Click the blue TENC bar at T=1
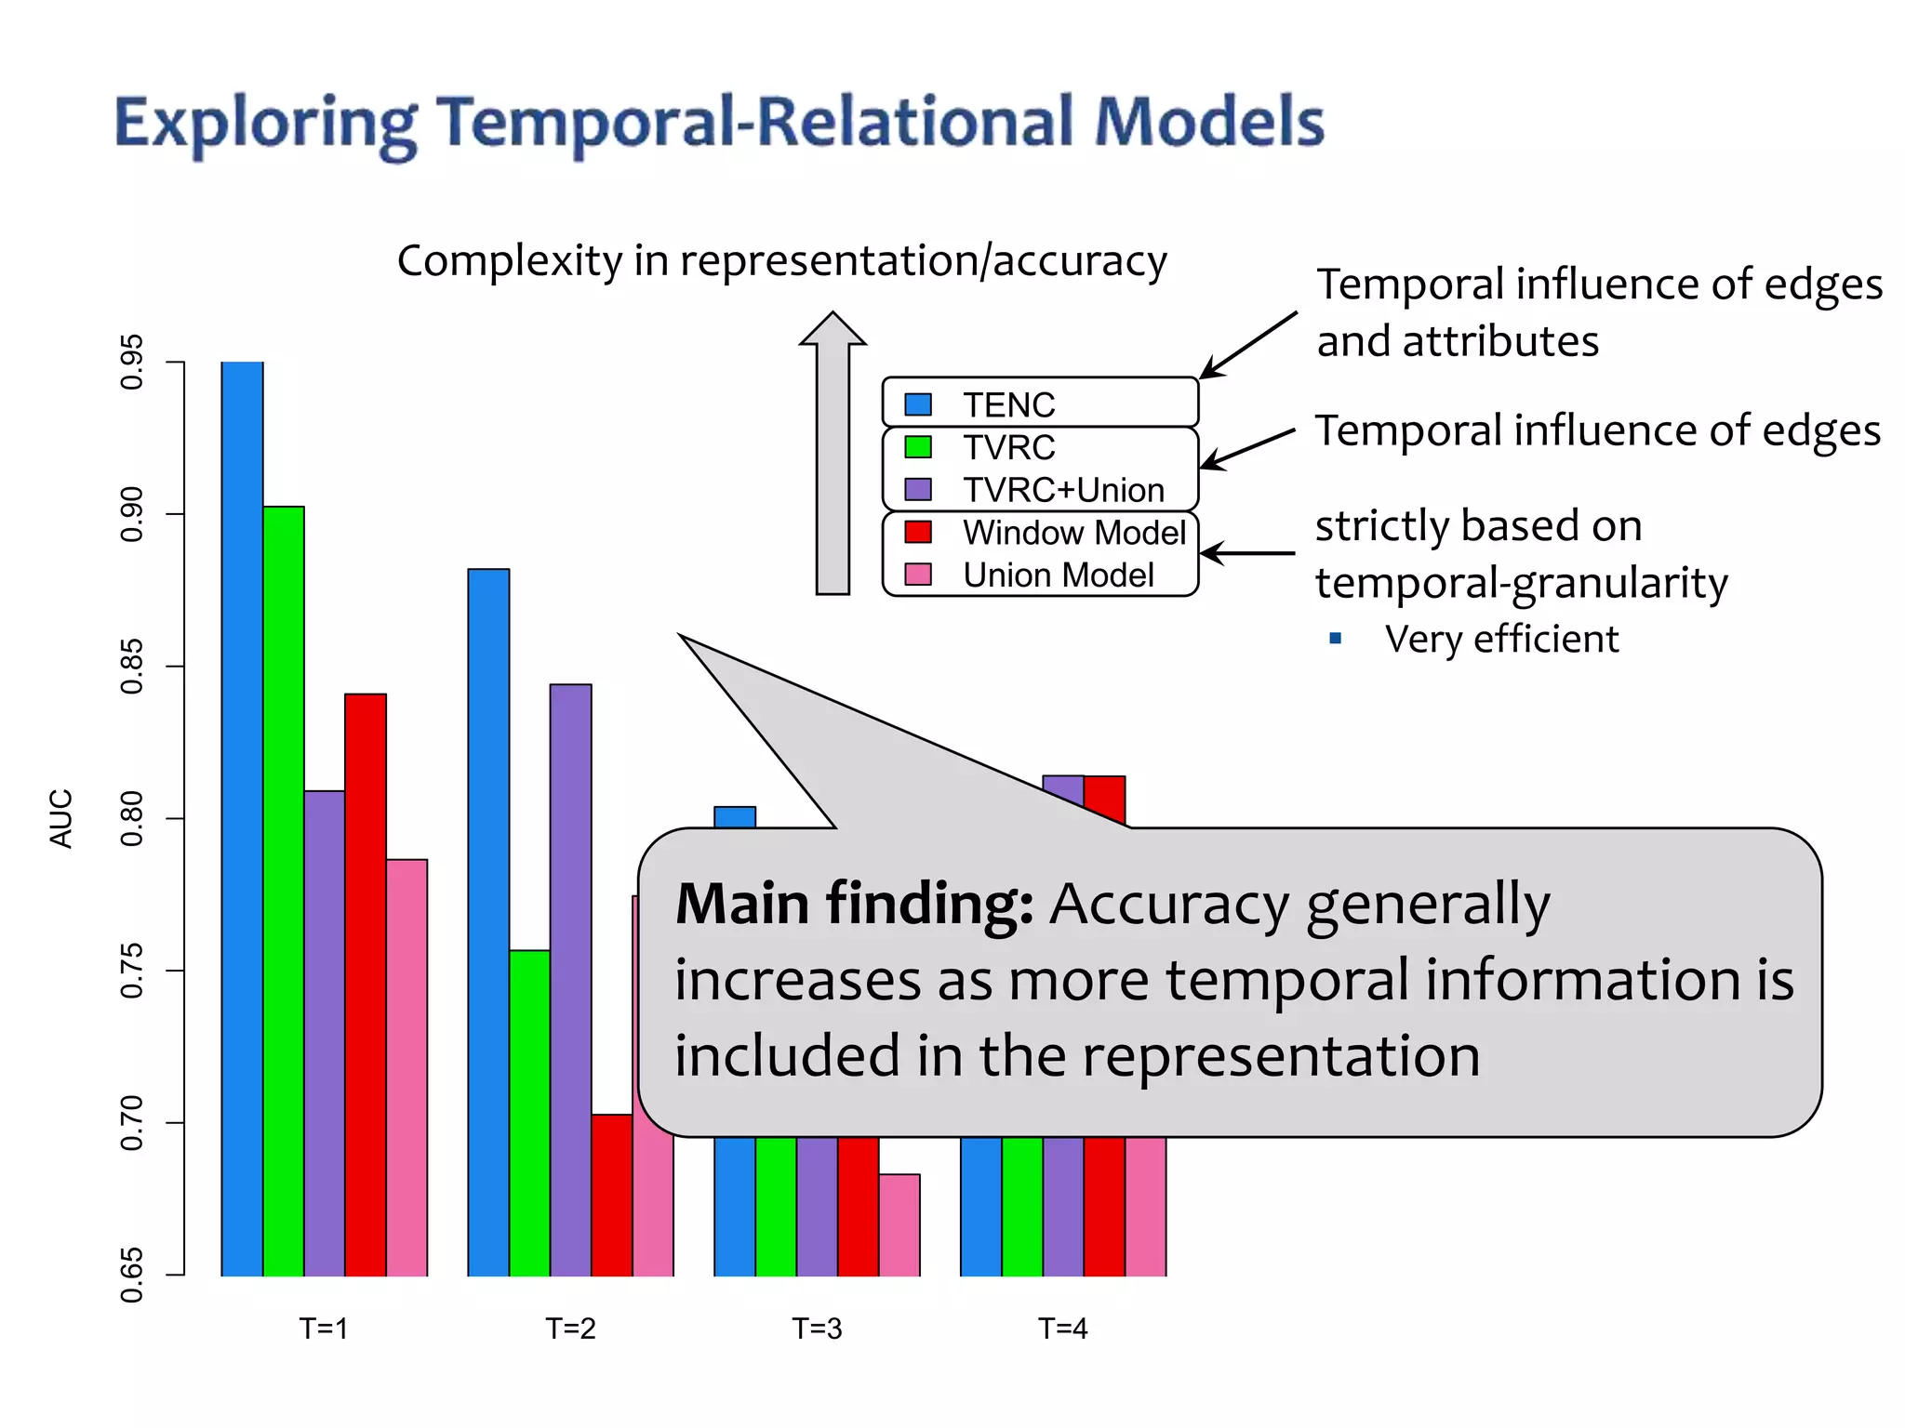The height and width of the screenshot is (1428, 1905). (x=242, y=818)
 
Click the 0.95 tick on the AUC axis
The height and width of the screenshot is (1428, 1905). (x=132, y=362)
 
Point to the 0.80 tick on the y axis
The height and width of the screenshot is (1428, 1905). (x=132, y=818)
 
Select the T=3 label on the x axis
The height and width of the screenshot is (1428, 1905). (x=817, y=1329)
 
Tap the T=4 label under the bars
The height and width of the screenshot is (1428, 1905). (x=1062, y=1329)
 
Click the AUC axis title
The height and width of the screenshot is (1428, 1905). (x=60, y=818)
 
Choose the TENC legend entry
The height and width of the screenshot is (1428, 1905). (x=1009, y=404)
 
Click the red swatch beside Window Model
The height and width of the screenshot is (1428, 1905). (x=918, y=532)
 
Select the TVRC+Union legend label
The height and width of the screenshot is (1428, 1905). (x=1063, y=490)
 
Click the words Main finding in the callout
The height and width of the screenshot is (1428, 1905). (x=854, y=904)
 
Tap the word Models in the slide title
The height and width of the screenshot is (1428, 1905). (x=1208, y=122)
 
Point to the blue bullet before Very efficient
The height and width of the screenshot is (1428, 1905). (x=1336, y=638)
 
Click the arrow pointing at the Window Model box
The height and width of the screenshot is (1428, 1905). (x=1246, y=553)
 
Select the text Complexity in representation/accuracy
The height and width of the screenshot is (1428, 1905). (x=781, y=260)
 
